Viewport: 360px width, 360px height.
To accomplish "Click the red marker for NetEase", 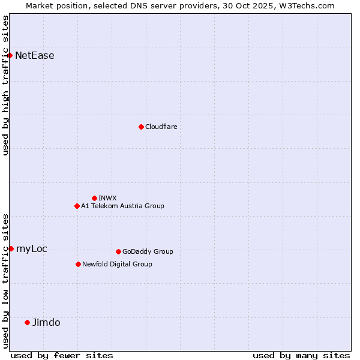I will [10, 56].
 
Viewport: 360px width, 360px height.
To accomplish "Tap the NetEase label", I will [35, 56].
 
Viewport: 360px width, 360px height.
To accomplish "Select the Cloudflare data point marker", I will [141, 127].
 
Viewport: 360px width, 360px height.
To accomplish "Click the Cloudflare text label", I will [161, 127].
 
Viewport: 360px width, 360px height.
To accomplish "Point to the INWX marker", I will [94, 198].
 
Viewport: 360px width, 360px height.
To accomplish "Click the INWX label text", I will [108, 198].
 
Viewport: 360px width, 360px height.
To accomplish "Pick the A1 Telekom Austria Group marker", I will [77, 206].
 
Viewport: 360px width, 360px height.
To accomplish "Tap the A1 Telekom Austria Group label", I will [122, 206].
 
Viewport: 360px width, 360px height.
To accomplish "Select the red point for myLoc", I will [11, 248].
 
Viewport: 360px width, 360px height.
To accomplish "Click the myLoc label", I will [32, 248].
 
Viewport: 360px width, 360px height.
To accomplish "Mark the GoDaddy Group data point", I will [118, 251].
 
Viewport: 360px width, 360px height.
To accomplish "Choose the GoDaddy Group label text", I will [148, 251].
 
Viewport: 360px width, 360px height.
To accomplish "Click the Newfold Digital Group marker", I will [78, 264].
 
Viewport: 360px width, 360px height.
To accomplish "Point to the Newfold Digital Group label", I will [117, 264].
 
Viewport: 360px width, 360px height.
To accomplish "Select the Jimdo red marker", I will [27, 322].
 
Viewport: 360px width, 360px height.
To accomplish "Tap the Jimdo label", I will [46, 322].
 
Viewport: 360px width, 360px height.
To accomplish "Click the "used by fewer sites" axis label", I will [62, 355].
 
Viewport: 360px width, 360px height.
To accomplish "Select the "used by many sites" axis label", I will [301, 355].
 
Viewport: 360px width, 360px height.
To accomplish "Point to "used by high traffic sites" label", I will [6, 85].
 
